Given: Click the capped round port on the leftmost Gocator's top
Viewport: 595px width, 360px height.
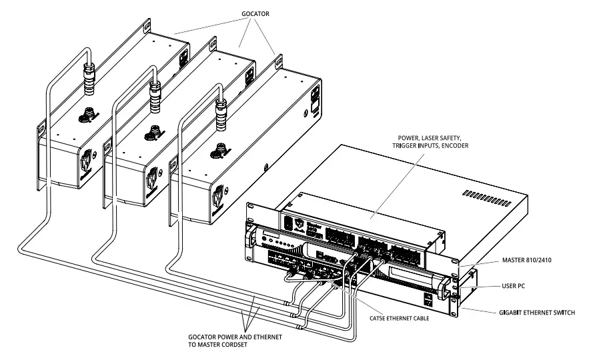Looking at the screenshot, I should [87, 114].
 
